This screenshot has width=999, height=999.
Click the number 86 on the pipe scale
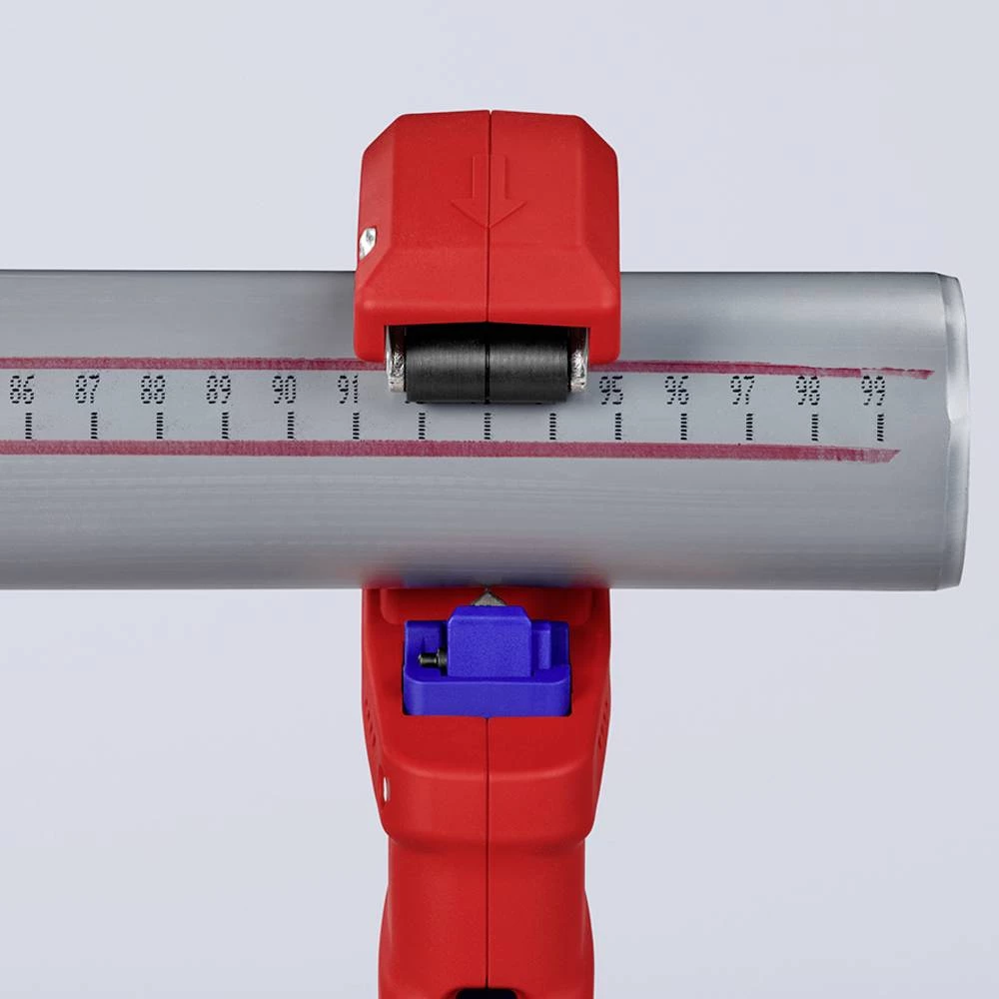pos(22,390)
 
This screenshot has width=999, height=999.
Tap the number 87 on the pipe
pos(88,390)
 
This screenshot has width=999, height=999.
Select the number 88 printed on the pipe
pos(153,390)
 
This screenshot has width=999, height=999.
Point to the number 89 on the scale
pos(219,390)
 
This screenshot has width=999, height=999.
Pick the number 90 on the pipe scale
pos(285,390)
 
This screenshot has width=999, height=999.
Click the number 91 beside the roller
pos(349,390)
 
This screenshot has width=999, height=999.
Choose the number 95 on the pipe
pos(611,391)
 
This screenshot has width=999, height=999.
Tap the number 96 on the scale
pos(677,391)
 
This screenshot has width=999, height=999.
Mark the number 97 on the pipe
pos(742,391)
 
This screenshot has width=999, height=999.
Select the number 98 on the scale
pos(808,391)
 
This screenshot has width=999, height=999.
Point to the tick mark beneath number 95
pos(617,427)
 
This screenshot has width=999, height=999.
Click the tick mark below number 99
pos(880,427)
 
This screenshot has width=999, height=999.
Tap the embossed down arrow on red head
pos(488,195)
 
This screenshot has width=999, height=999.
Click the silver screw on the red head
pos(368,241)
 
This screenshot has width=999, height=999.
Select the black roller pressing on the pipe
pos(487,363)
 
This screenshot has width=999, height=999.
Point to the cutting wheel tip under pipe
pos(488,595)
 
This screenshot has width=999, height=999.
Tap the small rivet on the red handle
pos(386,792)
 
